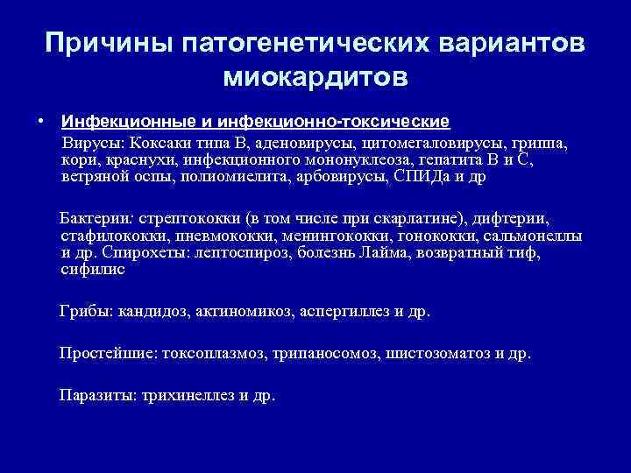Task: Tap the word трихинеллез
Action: point(178,395)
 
